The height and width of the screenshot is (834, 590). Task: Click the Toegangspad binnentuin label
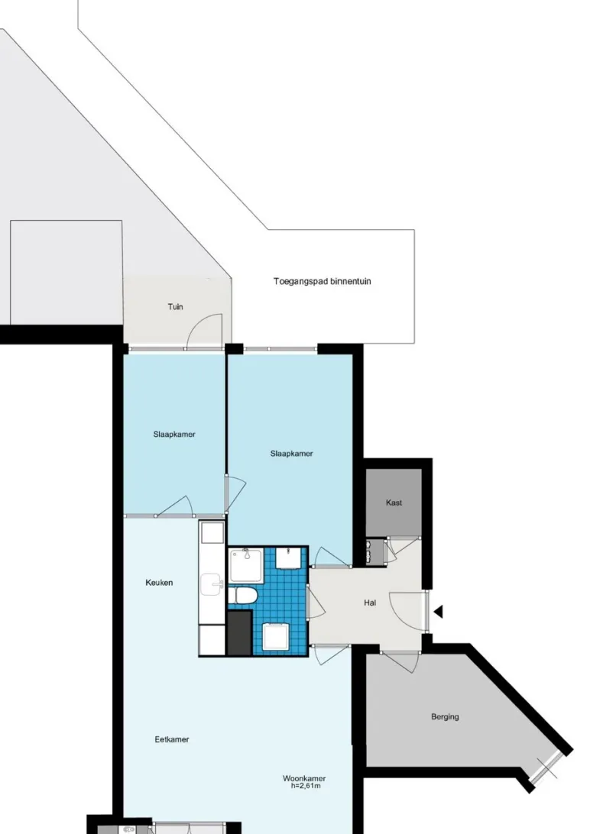pos(323,281)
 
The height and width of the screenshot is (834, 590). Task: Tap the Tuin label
pos(176,306)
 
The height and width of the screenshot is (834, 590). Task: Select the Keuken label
pos(159,583)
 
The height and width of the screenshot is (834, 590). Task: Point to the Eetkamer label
pos(172,739)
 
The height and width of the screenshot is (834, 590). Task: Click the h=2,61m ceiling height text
pos(306,786)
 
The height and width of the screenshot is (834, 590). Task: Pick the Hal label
pos(371,603)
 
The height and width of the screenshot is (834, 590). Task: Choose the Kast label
pos(394,502)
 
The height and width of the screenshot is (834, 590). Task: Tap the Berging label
pos(445,716)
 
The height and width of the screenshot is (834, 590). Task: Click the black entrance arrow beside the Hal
pos(438,612)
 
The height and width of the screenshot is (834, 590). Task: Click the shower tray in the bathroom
pos(245,565)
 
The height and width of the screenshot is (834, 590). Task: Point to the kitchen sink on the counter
pos(212,584)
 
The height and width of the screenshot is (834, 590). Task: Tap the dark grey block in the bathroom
pos(239,633)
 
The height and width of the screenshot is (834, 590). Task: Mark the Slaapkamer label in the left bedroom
pos(174,434)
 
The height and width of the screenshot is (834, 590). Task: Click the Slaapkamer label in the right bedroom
pos(291,453)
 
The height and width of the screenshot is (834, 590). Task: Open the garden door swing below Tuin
pos(205,330)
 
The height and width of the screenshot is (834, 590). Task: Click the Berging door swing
pos(400,661)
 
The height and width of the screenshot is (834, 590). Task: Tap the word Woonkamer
pos(304,778)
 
